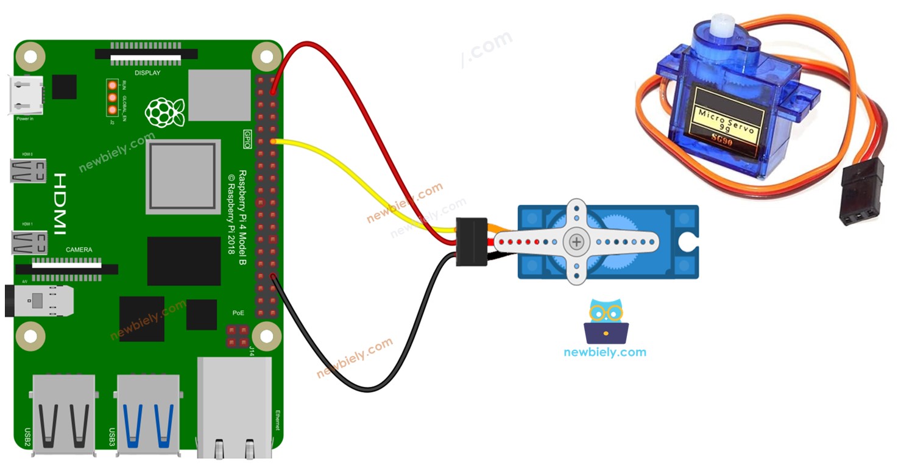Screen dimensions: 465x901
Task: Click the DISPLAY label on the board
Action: (x=147, y=73)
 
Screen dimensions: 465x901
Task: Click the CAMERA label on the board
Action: (x=79, y=250)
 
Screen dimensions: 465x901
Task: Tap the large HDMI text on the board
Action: (x=60, y=204)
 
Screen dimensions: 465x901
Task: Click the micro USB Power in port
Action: (x=26, y=95)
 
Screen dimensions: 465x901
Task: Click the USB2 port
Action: (x=63, y=414)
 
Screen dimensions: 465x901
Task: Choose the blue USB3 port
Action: (x=148, y=414)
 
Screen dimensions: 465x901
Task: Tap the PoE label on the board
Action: (x=238, y=313)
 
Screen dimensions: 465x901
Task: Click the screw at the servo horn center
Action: (x=576, y=242)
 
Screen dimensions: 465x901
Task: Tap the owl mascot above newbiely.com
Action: (x=606, y=321)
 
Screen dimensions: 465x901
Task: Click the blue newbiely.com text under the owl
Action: (x=605, y=352)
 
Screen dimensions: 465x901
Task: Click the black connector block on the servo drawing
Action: (x=472, y=242)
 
